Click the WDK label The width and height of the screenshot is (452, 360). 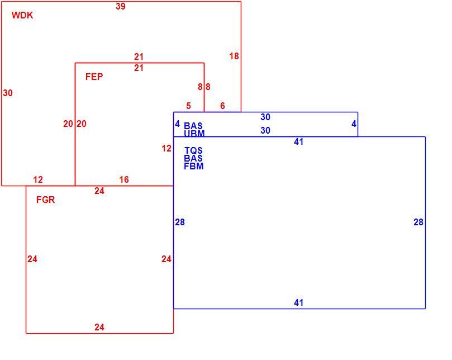22,15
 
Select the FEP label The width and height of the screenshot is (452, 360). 94,77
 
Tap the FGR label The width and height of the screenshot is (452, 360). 45,200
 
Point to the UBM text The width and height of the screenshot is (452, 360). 194,134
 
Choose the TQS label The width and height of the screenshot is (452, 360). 193,150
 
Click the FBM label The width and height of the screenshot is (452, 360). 194,166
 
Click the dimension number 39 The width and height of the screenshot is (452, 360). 121,6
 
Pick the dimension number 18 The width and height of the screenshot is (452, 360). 234,56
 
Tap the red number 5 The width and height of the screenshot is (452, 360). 188,106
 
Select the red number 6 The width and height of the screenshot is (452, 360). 222,106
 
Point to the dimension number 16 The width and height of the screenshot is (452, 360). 124,179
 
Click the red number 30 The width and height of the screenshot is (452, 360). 8,93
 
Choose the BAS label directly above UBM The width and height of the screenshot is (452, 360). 193,126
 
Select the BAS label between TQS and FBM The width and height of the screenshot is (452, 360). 193,158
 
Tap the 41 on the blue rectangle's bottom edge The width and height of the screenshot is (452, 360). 299,302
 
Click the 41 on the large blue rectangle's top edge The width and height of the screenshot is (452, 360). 299,141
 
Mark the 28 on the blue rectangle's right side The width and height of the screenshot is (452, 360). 418,222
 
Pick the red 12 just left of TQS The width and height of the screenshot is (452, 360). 166,149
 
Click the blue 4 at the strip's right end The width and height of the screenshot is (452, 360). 354,124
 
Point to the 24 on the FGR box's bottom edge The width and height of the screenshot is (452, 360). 99,327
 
